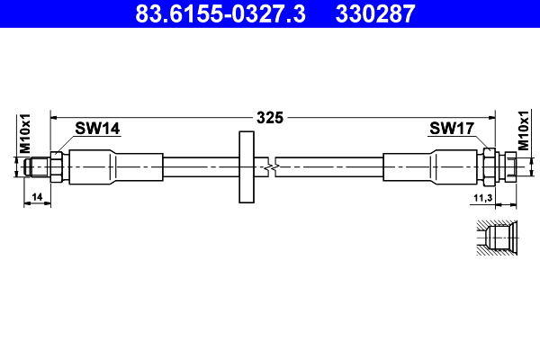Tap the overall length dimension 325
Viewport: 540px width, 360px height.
tap(270, 117)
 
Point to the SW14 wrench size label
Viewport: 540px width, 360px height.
tap(97, 129)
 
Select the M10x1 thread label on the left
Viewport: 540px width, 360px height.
tap(25, 133)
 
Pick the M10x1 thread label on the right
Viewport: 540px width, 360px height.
tap(524, 133)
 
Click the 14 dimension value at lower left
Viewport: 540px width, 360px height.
tap(37, 195)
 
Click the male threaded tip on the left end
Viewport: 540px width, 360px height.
tap(39, 166)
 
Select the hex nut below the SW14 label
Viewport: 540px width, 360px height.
tap(56, 166)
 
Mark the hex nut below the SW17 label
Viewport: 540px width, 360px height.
tap(490, 166)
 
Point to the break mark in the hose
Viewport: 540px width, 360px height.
tap(271, 166)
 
